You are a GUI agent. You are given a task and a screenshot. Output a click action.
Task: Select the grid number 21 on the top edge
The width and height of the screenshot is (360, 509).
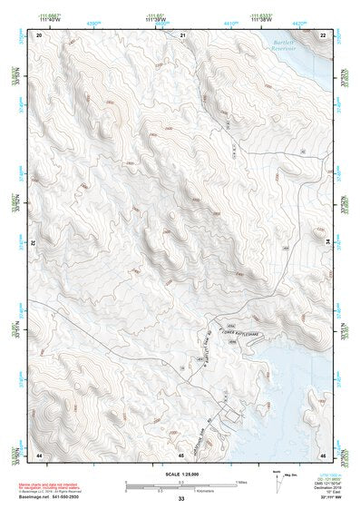pyautogui.click(x=182, y=34)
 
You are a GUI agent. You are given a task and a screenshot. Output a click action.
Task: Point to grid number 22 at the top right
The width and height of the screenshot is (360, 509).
pyautogui.click(x=323, y=34)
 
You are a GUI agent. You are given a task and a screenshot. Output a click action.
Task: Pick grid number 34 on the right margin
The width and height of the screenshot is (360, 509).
pyautogui.click(x=328, y=242)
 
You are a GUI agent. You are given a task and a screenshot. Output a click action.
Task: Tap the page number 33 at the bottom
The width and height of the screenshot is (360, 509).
pyautogui.click(x=181, y=500)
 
